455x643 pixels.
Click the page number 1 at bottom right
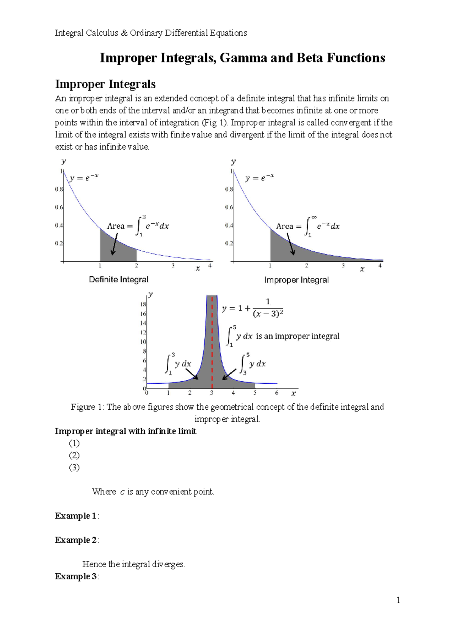398,600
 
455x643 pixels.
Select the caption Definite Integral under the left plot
119,279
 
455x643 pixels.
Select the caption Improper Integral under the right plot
296,280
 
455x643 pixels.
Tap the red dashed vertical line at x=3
212,341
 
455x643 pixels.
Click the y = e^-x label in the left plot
84,177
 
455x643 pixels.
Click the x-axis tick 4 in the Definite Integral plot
210,266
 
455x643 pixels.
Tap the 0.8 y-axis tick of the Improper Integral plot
229,189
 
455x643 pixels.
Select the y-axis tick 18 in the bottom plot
143,304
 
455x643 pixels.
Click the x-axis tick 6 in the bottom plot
277,393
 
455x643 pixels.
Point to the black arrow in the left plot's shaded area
114,244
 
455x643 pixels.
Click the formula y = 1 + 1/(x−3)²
253,308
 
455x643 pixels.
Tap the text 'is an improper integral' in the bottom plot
298,336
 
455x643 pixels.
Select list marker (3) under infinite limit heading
74,467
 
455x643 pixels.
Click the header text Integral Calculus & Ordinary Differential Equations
151,33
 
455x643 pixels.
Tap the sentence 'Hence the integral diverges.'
133,564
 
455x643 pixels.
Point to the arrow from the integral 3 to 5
229,374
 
